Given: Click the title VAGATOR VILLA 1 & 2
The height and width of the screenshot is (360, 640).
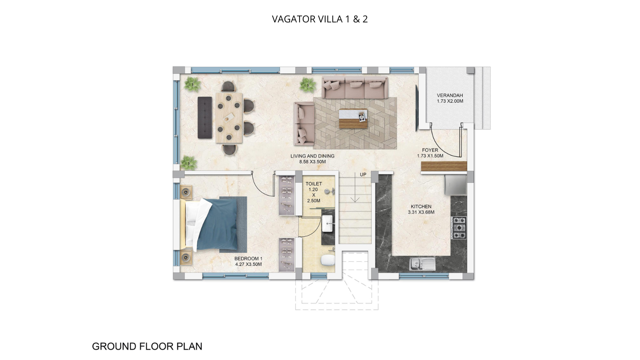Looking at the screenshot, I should tap(320, 19).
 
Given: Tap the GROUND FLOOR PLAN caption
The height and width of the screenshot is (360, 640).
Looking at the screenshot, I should tap(147, 346).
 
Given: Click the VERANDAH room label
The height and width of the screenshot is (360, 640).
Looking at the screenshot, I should tap(450, 96).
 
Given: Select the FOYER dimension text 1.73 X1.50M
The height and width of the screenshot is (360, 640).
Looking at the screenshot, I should tap(430, 156).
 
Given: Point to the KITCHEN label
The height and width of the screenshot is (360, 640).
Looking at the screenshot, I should tap(421, 206).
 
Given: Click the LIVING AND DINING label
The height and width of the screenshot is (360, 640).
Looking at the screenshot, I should tap(312, 156).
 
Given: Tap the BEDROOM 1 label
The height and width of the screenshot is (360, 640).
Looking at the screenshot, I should tap(248, 259).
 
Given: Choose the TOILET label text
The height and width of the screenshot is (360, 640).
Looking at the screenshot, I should tap(314, 184).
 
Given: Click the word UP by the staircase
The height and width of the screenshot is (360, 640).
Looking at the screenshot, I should tap(363, 174).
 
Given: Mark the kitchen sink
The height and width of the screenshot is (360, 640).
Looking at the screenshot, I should tap(422, 264).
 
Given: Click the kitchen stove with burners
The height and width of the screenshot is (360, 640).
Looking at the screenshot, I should tap(459, 228).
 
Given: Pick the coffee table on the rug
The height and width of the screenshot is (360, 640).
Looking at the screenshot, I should tap(353, 119).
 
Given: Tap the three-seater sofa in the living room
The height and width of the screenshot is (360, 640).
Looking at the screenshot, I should tap(354, 88).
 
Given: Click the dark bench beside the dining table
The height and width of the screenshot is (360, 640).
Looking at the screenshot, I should tap(205, 118).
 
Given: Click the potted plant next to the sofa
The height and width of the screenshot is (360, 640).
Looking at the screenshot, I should tap(308, 85).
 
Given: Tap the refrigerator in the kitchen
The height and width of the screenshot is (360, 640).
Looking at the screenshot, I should tap(456, 185).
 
